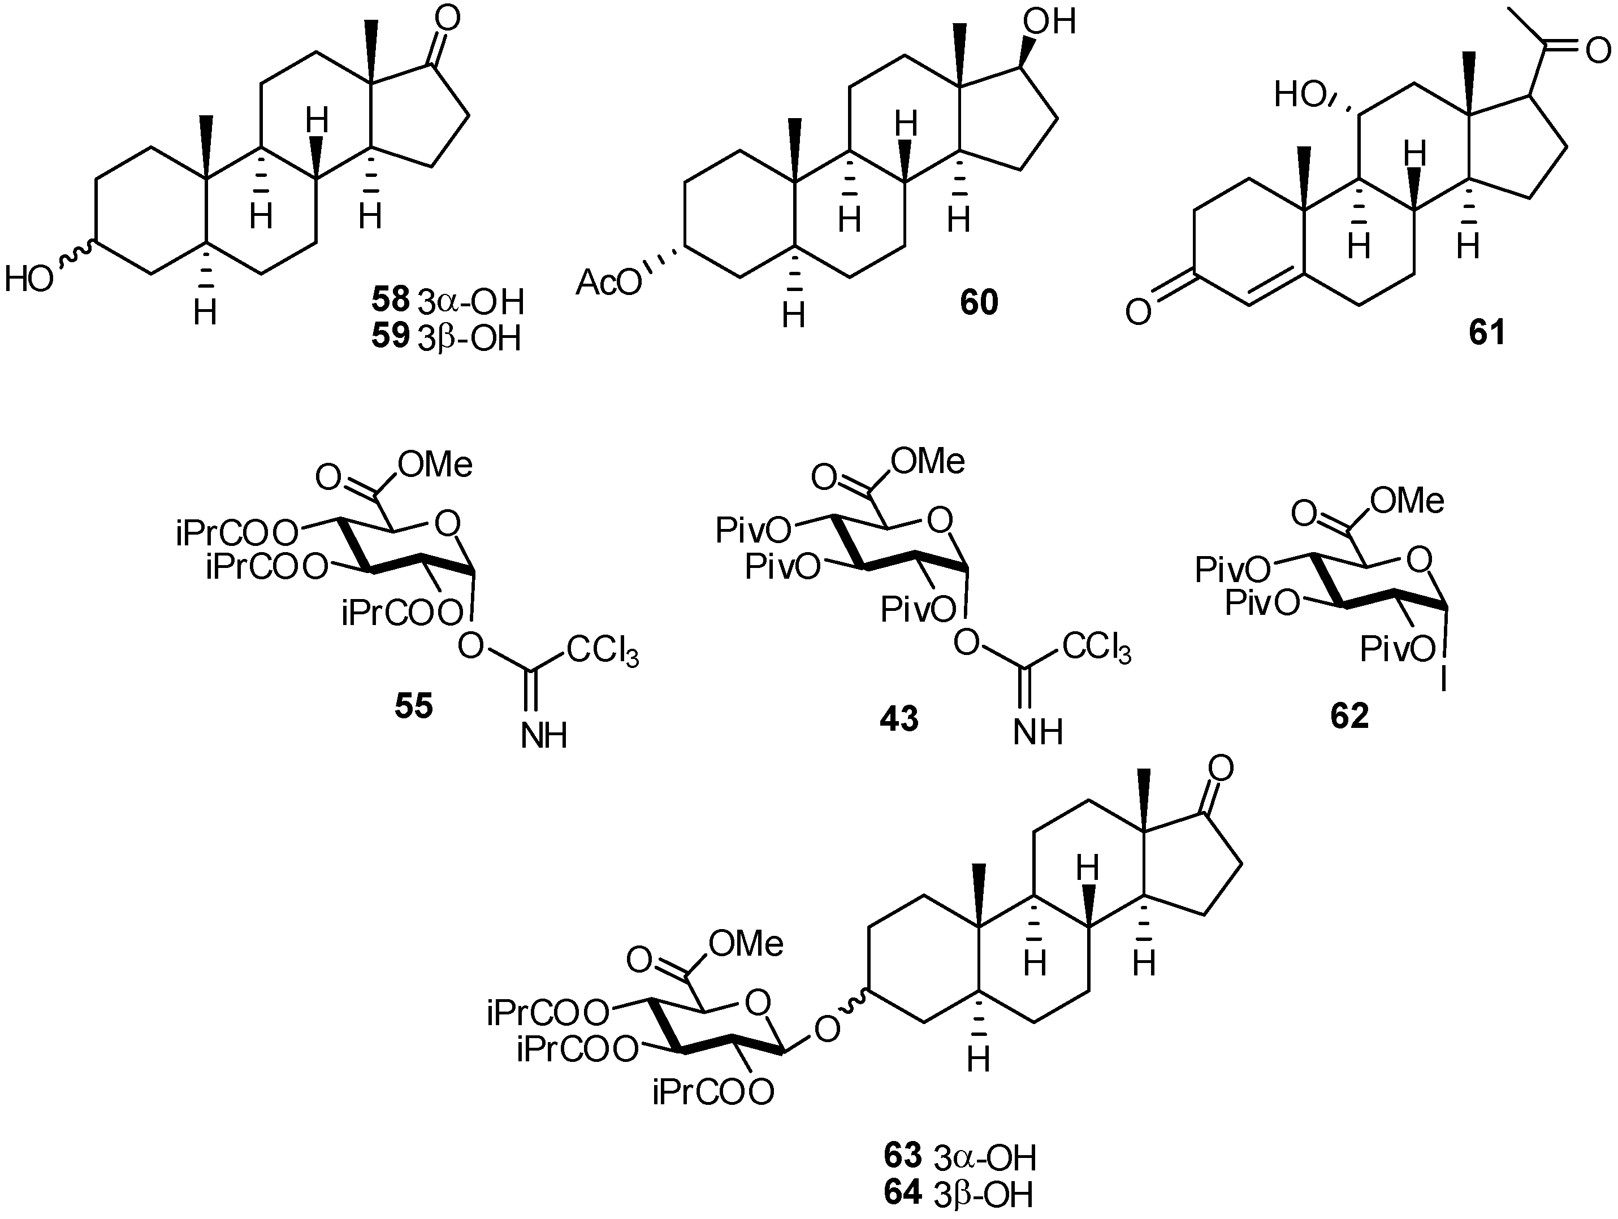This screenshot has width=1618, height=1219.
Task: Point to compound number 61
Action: tap(1487, 333)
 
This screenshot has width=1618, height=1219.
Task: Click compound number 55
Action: tap(414, 706)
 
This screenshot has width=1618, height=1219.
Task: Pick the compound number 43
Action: tap(899, 719)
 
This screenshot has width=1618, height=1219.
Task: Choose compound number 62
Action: tap(1349, 716)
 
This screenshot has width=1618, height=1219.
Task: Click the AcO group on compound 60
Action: tap(608, 283)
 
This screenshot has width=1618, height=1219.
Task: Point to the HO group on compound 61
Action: tap(1301, 95)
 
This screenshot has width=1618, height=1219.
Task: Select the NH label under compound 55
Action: tap(544, 736)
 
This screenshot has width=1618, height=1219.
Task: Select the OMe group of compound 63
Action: tap(747, 944)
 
